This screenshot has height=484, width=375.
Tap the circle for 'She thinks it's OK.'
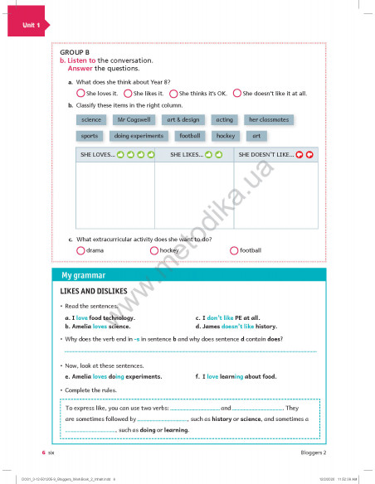pos(173,94)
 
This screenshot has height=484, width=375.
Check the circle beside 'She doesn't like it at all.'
pos(236,94)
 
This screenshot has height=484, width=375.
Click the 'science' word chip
pos(91,120)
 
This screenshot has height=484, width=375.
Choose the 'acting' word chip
pos(224,120)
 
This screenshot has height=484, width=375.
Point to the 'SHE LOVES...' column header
pos(114,155)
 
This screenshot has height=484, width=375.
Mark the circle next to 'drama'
pos(80,249)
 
